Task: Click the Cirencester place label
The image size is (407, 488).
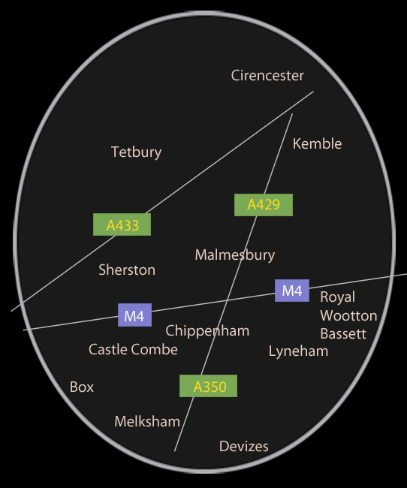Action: (x=267, y=76)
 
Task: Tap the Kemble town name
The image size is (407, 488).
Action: (x=317, y=144)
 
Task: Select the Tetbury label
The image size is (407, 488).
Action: (x=137, y=152)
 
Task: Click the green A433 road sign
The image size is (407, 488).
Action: (x=122, y=224)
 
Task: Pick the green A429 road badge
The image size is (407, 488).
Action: (x=264, y=205)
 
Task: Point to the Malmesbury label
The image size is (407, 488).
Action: (x=235, y=255)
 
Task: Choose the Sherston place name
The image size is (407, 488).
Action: (x=127, y=270)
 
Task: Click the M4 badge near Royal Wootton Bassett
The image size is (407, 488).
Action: (x=292, y=291)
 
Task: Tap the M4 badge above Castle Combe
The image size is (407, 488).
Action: (x=135, y=315)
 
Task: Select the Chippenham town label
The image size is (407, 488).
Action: (x=207, y=331)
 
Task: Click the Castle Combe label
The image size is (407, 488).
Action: (x=133, y=349)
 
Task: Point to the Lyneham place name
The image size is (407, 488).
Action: (x=298, y=351)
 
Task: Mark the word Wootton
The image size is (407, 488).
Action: (x=348, y=315)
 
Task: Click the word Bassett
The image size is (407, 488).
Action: (x=343, y=333)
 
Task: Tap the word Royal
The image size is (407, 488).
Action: (x=338, y=297)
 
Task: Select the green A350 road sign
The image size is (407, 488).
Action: (x=208, y=386)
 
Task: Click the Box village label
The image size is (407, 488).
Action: (x=82, y=387)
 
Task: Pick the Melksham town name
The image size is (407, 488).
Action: (x=147, y=422)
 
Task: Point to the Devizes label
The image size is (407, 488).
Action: (x=244, y=446)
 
